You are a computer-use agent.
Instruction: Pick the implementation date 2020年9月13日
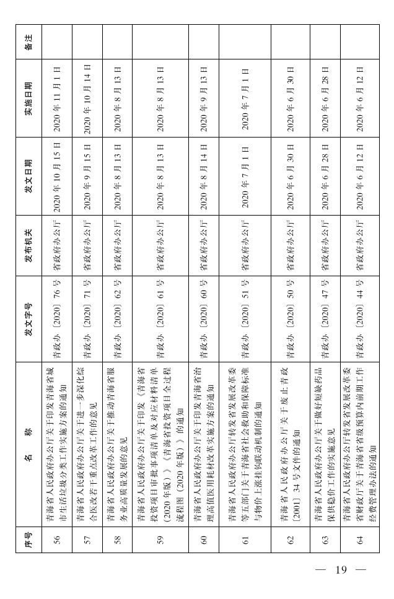tap(203, 98)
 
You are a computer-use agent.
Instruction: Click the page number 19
tap(341, 570)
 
